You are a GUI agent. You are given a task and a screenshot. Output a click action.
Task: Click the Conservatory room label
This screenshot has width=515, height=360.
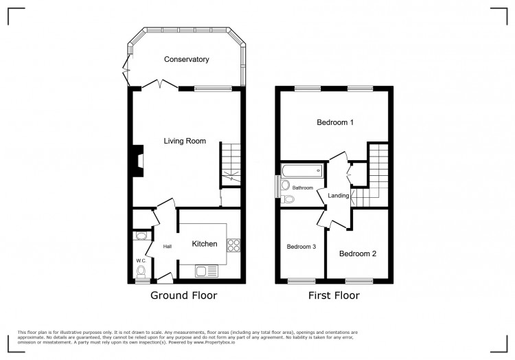[x=186, y=60]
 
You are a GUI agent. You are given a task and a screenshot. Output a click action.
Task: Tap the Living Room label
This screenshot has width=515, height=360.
[x=185, y=141]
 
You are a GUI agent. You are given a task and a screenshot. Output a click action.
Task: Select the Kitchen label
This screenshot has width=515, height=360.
[x=204, y=244]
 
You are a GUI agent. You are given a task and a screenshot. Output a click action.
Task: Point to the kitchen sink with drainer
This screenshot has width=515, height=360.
[x=206, y=270]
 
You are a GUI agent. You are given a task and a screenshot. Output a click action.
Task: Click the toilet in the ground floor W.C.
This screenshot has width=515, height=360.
[x=141, y=271]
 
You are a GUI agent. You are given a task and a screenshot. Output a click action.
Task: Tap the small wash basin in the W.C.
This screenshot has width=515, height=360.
[x=141, y=236]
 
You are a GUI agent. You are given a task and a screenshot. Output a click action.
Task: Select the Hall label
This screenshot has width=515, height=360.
[x=167, y=247]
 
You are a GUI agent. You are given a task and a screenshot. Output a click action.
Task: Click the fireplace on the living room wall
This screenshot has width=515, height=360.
[x=137, y=161]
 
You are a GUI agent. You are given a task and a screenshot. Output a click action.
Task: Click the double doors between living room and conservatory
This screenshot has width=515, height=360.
[x=161, y=85]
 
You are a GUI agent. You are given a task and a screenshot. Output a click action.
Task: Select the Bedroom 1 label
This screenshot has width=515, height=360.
[x=334, y=123]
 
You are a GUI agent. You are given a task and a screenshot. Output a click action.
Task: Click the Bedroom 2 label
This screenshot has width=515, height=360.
[x=358, y=254]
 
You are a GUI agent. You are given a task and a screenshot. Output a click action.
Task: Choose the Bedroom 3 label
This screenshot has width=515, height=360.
[x=301, y=247]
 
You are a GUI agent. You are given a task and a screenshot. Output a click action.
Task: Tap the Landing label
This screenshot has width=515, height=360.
[x=339, y=196]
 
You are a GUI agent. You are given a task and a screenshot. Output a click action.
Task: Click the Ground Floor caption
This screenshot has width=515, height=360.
[x=183, y=296]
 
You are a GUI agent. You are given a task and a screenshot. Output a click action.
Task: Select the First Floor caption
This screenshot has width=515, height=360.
[x=334, y=296]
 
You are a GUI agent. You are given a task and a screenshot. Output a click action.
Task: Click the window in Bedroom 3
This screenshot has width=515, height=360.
[x=301, y=280]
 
